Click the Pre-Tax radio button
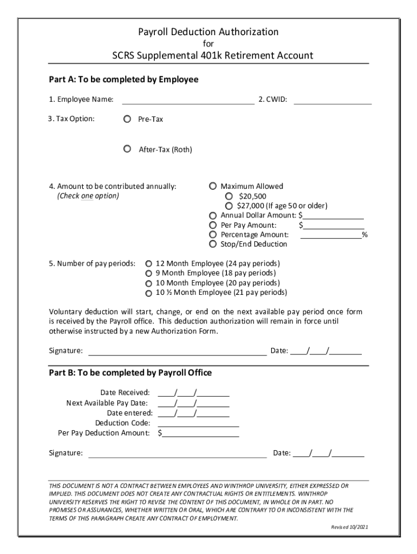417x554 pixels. coord(127,118)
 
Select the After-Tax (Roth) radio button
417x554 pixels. coord(127,149)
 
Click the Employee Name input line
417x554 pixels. coord(188,100)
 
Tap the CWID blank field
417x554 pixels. coord(333,100)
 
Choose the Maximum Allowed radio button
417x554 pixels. coord(213,186)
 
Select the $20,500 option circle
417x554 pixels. coord(229,196)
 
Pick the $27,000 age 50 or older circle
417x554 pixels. coord(229,206)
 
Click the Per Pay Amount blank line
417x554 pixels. coord(333,226)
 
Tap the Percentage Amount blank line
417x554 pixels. coord(331,235)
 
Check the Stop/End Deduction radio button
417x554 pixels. coord(213,245)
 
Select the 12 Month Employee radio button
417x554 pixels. coord(148,263)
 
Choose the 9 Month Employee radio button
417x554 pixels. coord(148,273)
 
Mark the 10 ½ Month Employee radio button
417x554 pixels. coord(148,293)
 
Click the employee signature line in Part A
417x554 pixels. coord(178,352)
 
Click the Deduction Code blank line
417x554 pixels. coord(198,424)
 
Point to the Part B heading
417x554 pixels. coord(130,373)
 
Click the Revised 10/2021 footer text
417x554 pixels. coord(350,527)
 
